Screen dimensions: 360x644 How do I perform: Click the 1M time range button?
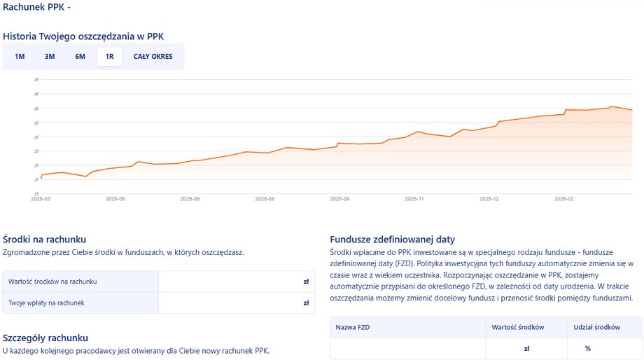click(x=20, y=57)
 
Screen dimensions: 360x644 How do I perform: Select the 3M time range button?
click(x=50, y=57)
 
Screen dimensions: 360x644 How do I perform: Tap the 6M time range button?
click(x=80, y=57)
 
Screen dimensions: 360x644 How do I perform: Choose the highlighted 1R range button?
click(x=109, y=57)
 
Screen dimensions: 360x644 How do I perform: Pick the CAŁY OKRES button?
click(x=153, y=57)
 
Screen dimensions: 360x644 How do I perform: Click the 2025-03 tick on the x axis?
click(x=41, y=199)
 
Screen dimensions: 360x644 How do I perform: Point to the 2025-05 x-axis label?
click(x=115, y=199)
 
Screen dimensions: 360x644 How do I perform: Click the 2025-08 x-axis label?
click(x=265, y=199)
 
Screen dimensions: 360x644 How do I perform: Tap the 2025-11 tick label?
click(x=414, y=199)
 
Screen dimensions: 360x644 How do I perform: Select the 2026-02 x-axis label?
click(x=563, y=199)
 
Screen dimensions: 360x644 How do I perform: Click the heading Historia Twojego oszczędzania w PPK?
click(x=83, y=36)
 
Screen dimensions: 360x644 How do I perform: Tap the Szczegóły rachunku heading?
click(x=45, y=338)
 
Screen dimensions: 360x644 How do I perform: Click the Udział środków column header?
click(x=596, y=328)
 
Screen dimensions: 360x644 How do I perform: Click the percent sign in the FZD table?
click(x=588, y=348)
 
